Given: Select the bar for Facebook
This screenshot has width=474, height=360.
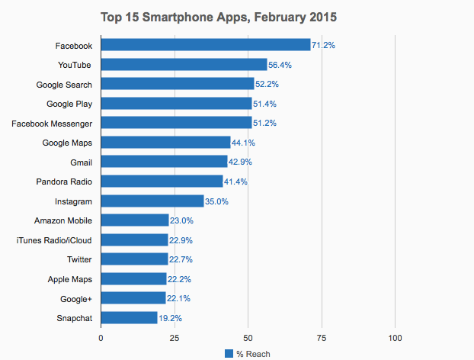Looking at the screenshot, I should coord(206,45).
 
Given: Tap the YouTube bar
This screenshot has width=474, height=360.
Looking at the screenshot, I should coord(184,64).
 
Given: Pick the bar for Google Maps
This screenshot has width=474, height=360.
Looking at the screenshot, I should coord(165,142).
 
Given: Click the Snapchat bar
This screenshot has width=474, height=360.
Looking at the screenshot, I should coord(129,317).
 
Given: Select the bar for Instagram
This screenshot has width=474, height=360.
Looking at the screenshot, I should coord(152,201).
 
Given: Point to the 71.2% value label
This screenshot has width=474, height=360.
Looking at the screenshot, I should coord(323,46).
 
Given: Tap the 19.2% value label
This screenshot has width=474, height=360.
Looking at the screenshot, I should coord(170,318).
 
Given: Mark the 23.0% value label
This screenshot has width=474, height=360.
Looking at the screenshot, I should coord(181,220).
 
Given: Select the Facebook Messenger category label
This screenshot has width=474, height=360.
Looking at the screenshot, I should coord(51,123).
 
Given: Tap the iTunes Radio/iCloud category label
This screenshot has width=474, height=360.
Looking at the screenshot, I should coord(54,239).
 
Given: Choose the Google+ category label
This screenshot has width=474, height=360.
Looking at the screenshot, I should coord(75,298).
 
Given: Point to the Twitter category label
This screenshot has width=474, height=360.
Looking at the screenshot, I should coord(79,259).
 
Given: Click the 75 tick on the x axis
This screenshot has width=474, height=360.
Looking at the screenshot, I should coord(322,336).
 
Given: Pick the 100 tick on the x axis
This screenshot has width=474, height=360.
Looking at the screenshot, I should coord(395,336).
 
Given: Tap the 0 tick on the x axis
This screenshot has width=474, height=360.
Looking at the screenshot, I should coord(101,336).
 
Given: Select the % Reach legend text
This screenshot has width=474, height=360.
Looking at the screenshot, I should coord(252,353).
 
